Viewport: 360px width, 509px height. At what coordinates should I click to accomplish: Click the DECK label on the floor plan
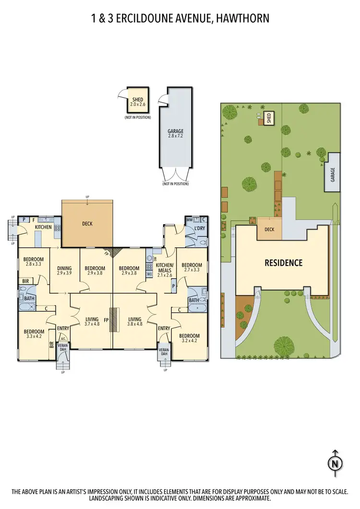tap(87, 224)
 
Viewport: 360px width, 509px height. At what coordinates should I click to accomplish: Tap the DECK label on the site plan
tap(269, 229)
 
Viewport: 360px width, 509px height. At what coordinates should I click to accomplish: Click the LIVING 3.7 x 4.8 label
tap(92, 322)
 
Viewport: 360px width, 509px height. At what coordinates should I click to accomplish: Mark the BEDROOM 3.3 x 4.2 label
tap(34, 334)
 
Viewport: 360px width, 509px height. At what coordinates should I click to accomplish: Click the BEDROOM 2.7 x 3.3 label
tap(192, 267)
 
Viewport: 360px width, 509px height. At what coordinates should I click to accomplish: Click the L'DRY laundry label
tap(200, 228)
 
